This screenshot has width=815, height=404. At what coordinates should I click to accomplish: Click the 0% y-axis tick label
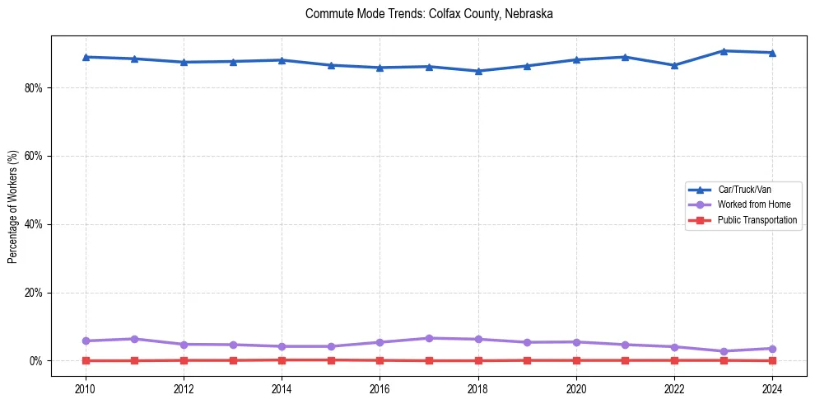pos(35,361)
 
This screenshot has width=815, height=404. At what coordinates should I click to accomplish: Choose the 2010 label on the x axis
pos(85,388)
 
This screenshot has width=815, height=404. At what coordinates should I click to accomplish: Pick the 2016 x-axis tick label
pos(380,388)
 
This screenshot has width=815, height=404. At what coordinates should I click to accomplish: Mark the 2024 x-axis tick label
pos(772,388)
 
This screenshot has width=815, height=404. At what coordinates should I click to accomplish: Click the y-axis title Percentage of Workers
pos(13,206)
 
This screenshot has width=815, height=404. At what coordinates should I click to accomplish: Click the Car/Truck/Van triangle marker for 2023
pos(724,51)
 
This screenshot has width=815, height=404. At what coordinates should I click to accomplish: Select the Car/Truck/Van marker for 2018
pos(478,71)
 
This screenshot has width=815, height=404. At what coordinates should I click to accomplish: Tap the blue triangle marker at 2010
pos(85,57)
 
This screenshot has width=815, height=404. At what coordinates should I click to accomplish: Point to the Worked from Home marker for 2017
pos(429,338)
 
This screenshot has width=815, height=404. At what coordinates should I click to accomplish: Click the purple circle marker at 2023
pos(724,351)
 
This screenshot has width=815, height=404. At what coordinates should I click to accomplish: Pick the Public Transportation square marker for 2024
pos(772,360)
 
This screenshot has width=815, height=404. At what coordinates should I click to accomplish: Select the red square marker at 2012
pos(184,360)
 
